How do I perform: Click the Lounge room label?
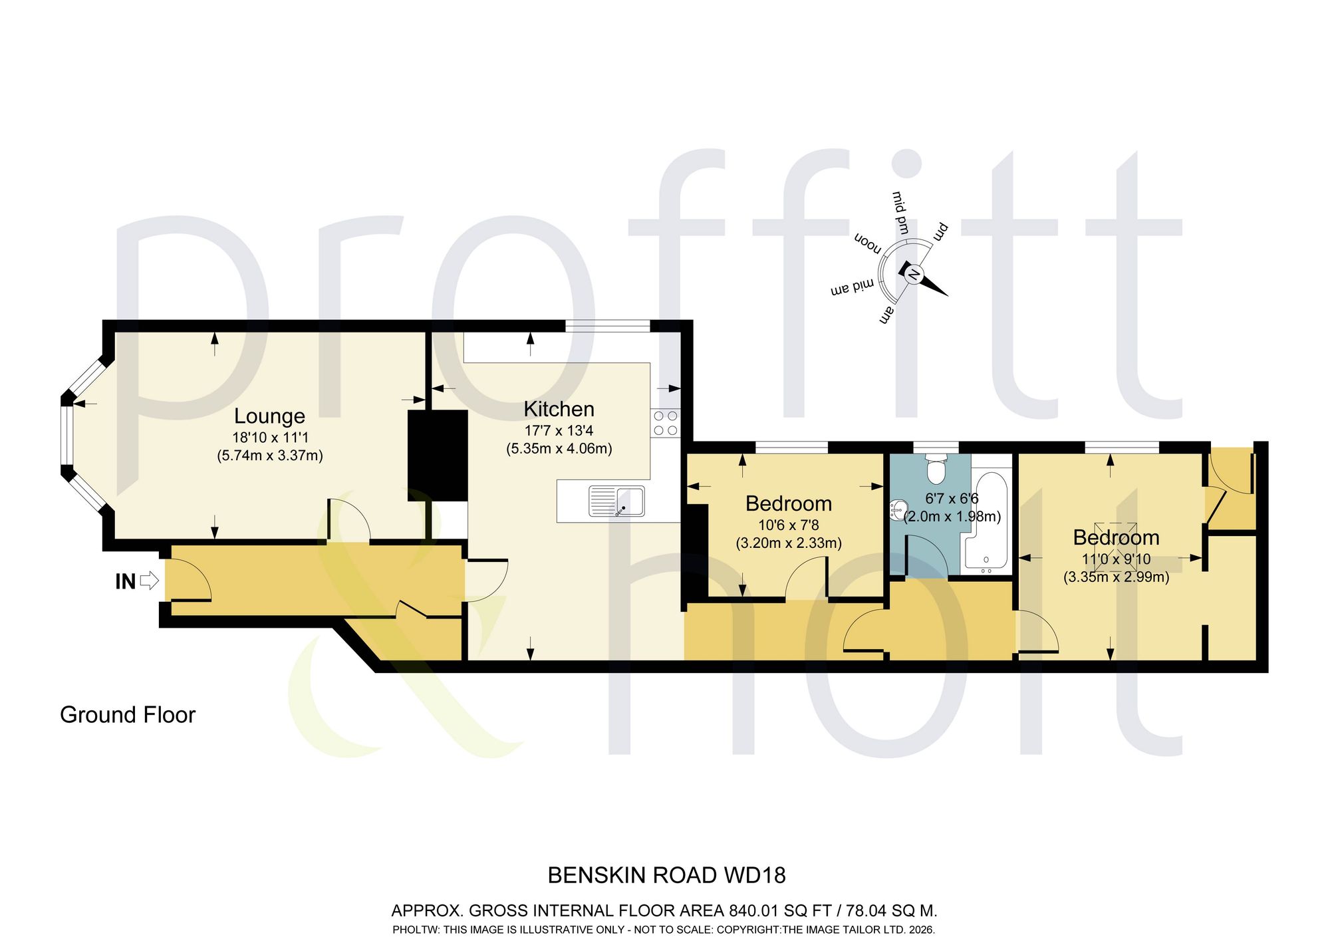[269, 416]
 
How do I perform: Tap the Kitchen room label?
[559, 409]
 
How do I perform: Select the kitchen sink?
[616, 501]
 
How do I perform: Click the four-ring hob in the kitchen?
[665, 423]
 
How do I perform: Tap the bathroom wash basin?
[897, 511]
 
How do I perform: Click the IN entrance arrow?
[150, 581]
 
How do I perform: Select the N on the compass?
[914, 274]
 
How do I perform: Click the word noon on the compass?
[868, 243]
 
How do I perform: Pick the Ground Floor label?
[128, 715]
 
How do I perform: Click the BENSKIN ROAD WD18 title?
[666, 875]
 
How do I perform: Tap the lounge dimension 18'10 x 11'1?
[270, 438]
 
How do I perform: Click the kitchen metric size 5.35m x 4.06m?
[559, 449]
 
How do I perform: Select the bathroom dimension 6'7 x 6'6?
[952, 498]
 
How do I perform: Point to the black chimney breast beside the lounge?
[438, 456]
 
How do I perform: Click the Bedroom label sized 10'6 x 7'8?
[789, 504]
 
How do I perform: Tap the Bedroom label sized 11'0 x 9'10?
[1117, 537]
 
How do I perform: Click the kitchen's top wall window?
[607, 326]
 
